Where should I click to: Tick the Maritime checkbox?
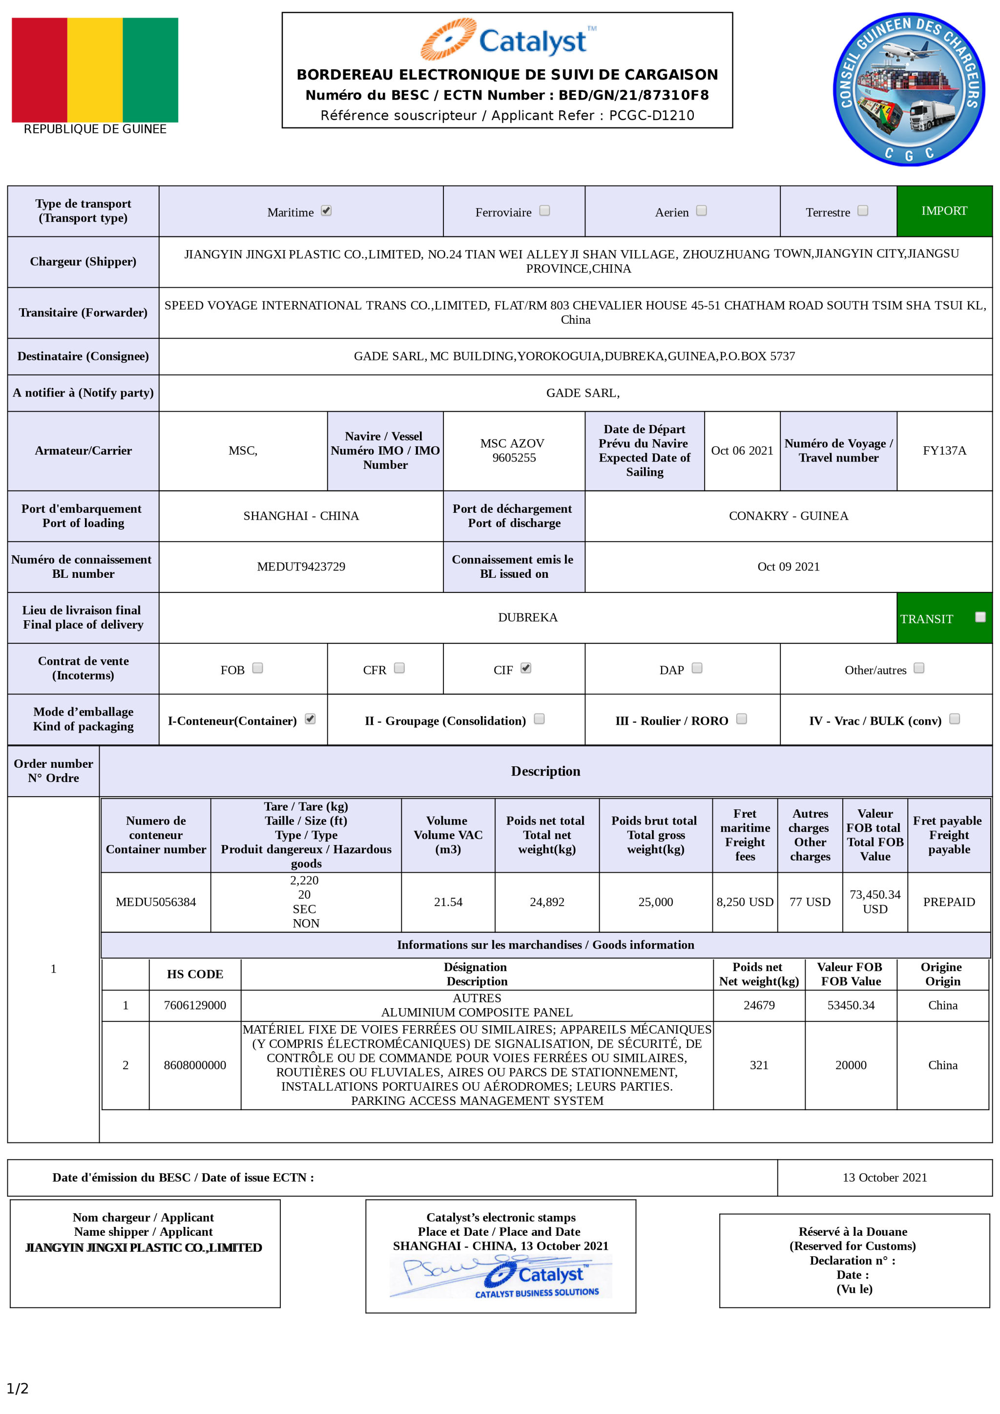tap(326, 211)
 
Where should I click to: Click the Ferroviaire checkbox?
tap(544, 211)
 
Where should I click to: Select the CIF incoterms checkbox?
tap(525, 668)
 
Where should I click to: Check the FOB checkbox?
tap(257, 668)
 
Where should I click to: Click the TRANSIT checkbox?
tap(980, 617)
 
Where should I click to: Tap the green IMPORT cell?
tap(944, 211)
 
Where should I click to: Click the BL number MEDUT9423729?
tap(301, 567)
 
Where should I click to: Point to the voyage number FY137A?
tap(944, 451)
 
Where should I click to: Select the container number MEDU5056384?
tap(156, 902)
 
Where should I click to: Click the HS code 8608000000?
tap(195, 1065)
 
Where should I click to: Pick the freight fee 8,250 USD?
tap(745, 902)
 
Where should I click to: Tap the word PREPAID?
tap(949, 902)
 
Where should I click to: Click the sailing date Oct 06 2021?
tap(742, 451)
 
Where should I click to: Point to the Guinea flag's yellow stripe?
tap(95, 69)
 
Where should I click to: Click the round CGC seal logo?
tap(908, 89)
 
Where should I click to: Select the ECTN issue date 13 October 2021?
tap(884, 1178)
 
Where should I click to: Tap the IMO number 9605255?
tap(514, 458)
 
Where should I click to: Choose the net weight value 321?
tap(759, 1065)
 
